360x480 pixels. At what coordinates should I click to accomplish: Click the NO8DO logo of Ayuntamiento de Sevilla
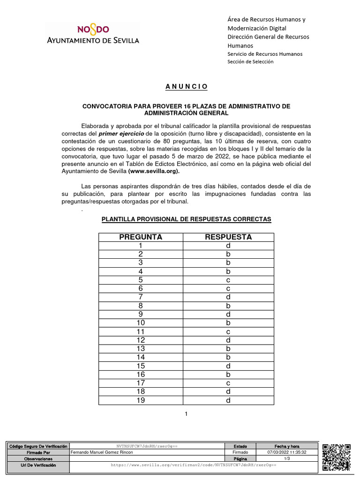(x=92, y=34)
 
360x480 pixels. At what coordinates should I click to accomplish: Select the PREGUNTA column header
(x=141, y=237)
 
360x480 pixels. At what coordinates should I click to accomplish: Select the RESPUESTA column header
(x=228, y=237)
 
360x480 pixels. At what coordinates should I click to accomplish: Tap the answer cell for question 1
(x=228, y=246)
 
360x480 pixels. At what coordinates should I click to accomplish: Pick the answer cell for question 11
(x=228, y=331)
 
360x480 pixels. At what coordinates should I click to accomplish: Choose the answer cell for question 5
(x=228, y=280)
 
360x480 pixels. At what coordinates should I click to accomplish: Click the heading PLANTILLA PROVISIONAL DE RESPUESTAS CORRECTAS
(x=186, y=219)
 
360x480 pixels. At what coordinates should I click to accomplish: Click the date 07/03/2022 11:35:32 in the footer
(x=287, y=452)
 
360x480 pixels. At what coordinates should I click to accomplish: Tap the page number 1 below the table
(x=186, y=414)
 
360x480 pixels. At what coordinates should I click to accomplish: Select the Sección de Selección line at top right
(x=250, y=62)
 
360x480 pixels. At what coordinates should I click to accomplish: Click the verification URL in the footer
(x=193, y=465)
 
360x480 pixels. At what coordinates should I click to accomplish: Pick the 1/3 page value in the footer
(x=287, y=458)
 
